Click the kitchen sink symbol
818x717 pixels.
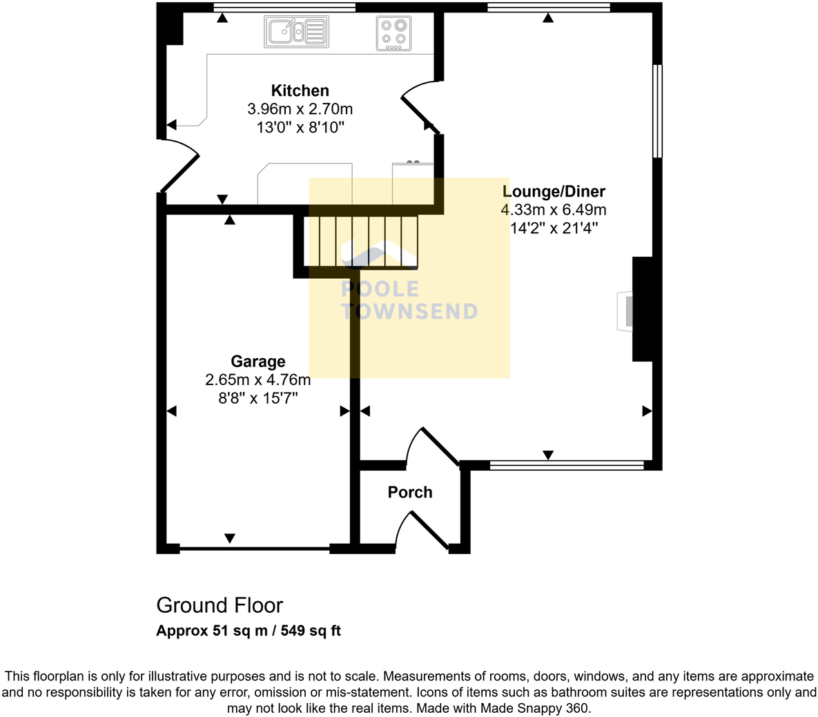point(296,32)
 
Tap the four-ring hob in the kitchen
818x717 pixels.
point(394,33)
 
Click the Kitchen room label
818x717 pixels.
point(300,90)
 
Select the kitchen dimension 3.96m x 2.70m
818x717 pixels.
point(300,109)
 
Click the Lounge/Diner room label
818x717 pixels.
point(554,191)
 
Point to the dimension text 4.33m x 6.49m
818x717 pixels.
point(554,210)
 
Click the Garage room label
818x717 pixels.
point(257,362)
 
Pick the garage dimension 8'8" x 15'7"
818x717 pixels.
point(257,398)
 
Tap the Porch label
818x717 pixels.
point(410,492)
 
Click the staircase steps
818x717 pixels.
point(360,242)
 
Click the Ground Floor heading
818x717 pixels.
point(220,605)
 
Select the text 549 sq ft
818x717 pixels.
point(311,631)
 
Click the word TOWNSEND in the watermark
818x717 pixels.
point(410,311)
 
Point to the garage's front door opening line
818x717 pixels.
point(255,549)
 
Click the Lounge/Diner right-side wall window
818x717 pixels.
point(658,111)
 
